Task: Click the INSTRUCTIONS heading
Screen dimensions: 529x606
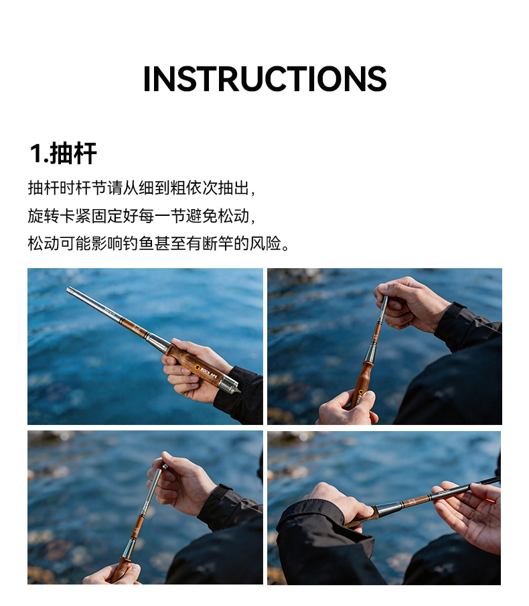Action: point(264,79)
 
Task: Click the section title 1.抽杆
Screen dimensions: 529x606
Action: point(64,154)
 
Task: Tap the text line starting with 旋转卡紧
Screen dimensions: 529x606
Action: point(141,216)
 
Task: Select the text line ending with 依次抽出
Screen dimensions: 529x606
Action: point(141,188)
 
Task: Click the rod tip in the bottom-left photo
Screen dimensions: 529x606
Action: point(164,467)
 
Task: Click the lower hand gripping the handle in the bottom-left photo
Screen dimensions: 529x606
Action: point(112,574)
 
